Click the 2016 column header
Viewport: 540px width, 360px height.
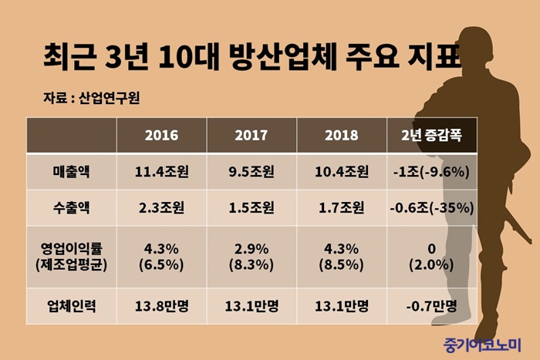coord(161,135)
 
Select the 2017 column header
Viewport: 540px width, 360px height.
coord(251,135)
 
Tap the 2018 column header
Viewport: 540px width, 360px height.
coord(342,135)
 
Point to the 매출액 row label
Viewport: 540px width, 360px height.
coord(70,172)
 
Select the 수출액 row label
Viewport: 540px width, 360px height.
coord(70,207)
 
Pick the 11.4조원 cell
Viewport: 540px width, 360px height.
coord(161,172)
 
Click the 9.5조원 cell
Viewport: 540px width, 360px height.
coord(251,172)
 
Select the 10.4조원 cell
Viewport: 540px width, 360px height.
coord(342,172)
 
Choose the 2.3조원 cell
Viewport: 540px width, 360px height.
coord(161,207)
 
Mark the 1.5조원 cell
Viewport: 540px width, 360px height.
coord(251,207)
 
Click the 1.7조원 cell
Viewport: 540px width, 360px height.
coord(342,207)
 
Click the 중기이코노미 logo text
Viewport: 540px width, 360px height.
coord(482,344)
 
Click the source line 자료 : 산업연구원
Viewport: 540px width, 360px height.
coord(93,98)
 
